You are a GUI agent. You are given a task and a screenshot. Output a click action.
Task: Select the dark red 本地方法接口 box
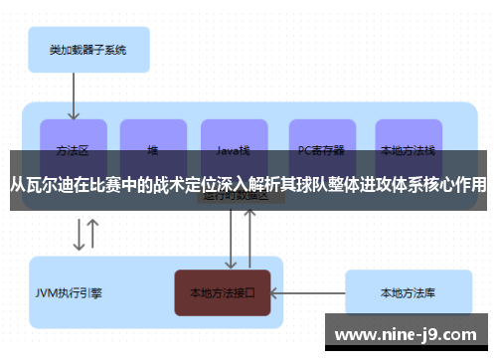[x=223, y=292]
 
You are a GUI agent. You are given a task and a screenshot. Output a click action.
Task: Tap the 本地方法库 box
[x=407, y=292]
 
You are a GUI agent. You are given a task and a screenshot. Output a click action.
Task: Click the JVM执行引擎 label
[x=69, y=293]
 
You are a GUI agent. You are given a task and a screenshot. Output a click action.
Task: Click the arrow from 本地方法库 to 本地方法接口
[x=307, y=292]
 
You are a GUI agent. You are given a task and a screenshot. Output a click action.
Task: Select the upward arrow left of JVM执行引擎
[x=93, y=235]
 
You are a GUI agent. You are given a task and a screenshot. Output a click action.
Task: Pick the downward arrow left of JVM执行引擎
[x=76, y=235]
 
